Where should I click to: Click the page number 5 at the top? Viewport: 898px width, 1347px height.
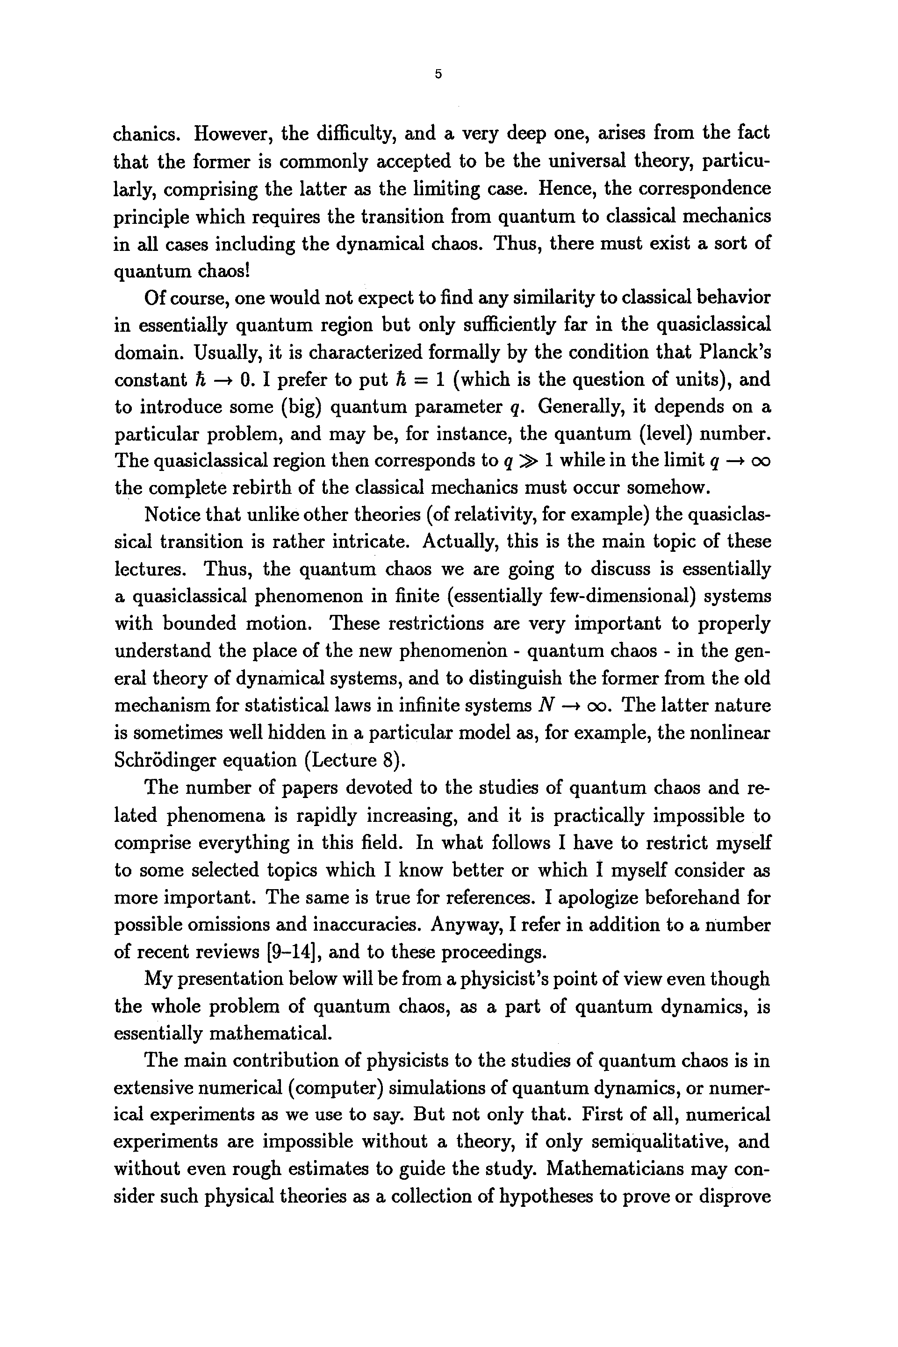point(438,74)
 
